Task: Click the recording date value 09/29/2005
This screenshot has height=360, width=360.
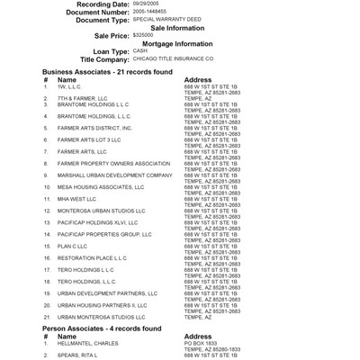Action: [x=145, y=4]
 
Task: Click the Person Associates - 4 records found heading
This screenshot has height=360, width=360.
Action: [x=102, y=328]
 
